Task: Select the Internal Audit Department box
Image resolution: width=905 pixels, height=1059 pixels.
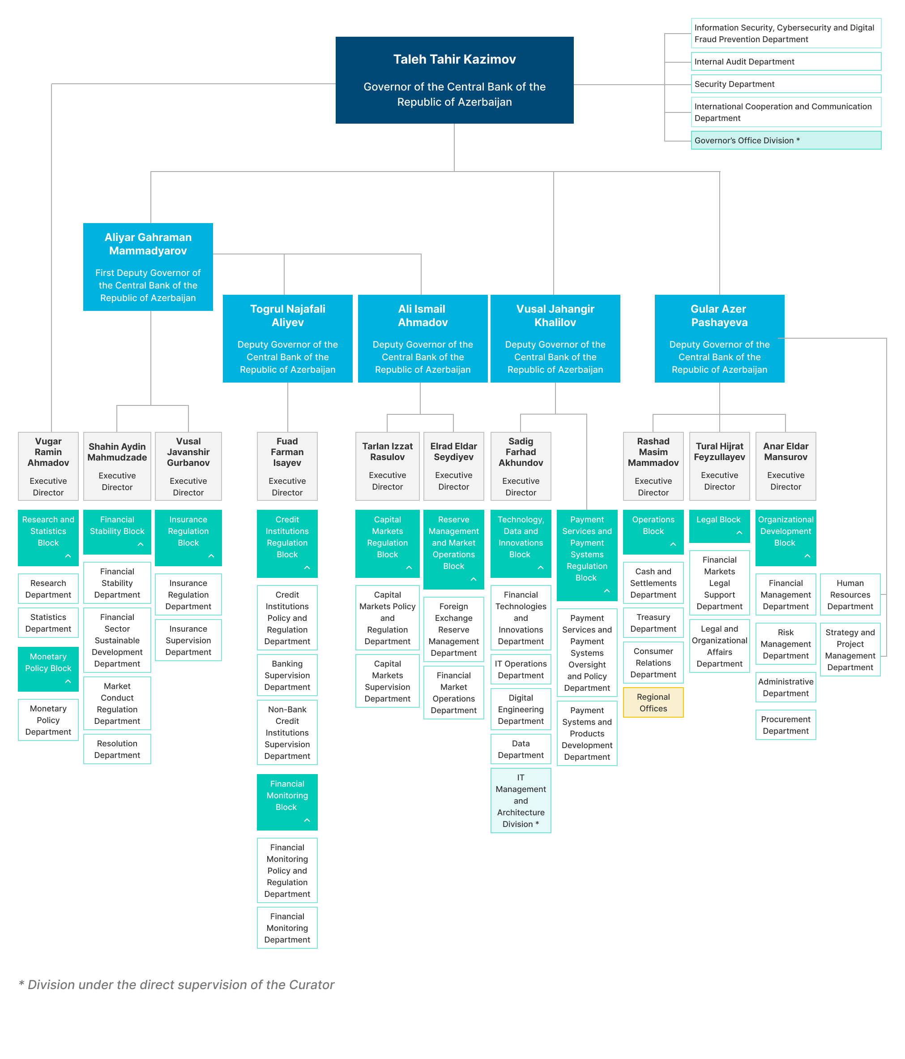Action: (x=785, y=61)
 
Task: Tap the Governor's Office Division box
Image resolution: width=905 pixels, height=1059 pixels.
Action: (x=785, y=140)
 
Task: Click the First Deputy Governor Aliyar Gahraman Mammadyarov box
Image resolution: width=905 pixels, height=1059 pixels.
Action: (x=148, y=267)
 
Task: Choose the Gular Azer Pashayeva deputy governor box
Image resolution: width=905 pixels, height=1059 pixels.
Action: (x=719, y=338)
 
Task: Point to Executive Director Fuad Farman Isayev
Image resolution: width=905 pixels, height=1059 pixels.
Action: (x=287, y=466)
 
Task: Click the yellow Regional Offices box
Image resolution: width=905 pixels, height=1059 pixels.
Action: (x=653, y=702)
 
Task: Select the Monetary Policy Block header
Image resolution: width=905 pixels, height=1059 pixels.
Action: (x=48, y=669)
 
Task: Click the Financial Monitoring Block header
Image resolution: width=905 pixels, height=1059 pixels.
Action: (x=287, y=802)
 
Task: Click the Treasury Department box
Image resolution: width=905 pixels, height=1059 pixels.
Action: (x=653, y=623)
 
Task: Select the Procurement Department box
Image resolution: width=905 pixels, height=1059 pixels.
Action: (x=785, y=725)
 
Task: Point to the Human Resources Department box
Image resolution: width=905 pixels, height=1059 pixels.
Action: (x=850, y=594)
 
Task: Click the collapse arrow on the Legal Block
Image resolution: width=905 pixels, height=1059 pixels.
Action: (x=739, y=533)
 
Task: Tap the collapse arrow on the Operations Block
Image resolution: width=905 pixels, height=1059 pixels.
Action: (x=673, y=544)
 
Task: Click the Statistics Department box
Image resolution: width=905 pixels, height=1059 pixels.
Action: (x=48, y=623)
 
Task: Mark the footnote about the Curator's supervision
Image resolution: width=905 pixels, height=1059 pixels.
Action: (x=176, y=985)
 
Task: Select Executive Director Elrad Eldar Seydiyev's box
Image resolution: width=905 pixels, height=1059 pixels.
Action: (x=453, y=466)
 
